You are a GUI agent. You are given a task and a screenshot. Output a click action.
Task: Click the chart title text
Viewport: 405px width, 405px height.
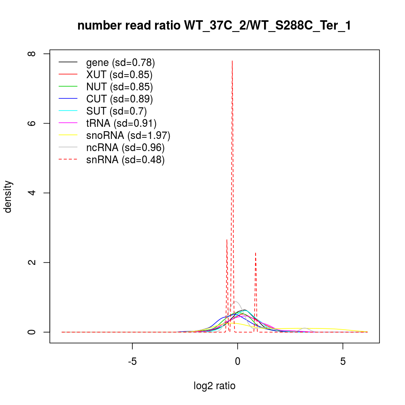[x=214, y=26]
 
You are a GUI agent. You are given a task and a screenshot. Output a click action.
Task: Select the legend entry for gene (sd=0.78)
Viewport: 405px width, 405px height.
[x=120, y=62]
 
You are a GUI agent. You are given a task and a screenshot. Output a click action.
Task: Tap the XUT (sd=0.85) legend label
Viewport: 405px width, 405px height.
[x=119, y=75]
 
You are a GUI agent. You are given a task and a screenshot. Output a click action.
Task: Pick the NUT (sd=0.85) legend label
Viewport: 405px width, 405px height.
[x=119, y=87]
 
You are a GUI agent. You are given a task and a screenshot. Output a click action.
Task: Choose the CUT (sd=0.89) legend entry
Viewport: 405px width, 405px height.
[x=119, y=99]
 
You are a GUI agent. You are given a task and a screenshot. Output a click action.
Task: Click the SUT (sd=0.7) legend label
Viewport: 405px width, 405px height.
[x=116, y=111]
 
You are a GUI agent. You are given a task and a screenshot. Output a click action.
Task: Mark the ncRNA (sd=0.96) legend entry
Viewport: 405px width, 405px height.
[x=125, y=147]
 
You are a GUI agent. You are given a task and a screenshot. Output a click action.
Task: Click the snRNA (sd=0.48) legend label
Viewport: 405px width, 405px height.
[x=125, y=160]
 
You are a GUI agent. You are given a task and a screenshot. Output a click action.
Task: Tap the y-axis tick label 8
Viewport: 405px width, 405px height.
[x=34, y=53]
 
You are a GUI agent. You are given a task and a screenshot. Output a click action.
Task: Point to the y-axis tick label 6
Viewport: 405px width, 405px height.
[x=34, y=123]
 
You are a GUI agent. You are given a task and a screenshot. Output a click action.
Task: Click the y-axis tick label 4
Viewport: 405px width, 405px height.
[x=34, y=193]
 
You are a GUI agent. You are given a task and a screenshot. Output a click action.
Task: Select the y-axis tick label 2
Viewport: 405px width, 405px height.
[x=34, y=262]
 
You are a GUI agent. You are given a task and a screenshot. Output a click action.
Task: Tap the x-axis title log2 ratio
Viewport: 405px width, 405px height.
[x=214, y=386]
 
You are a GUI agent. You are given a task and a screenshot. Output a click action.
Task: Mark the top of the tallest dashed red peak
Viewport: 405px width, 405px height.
[x=232, y=61]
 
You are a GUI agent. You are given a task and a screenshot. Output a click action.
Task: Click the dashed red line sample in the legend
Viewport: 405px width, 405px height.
[x=68, y=160]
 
